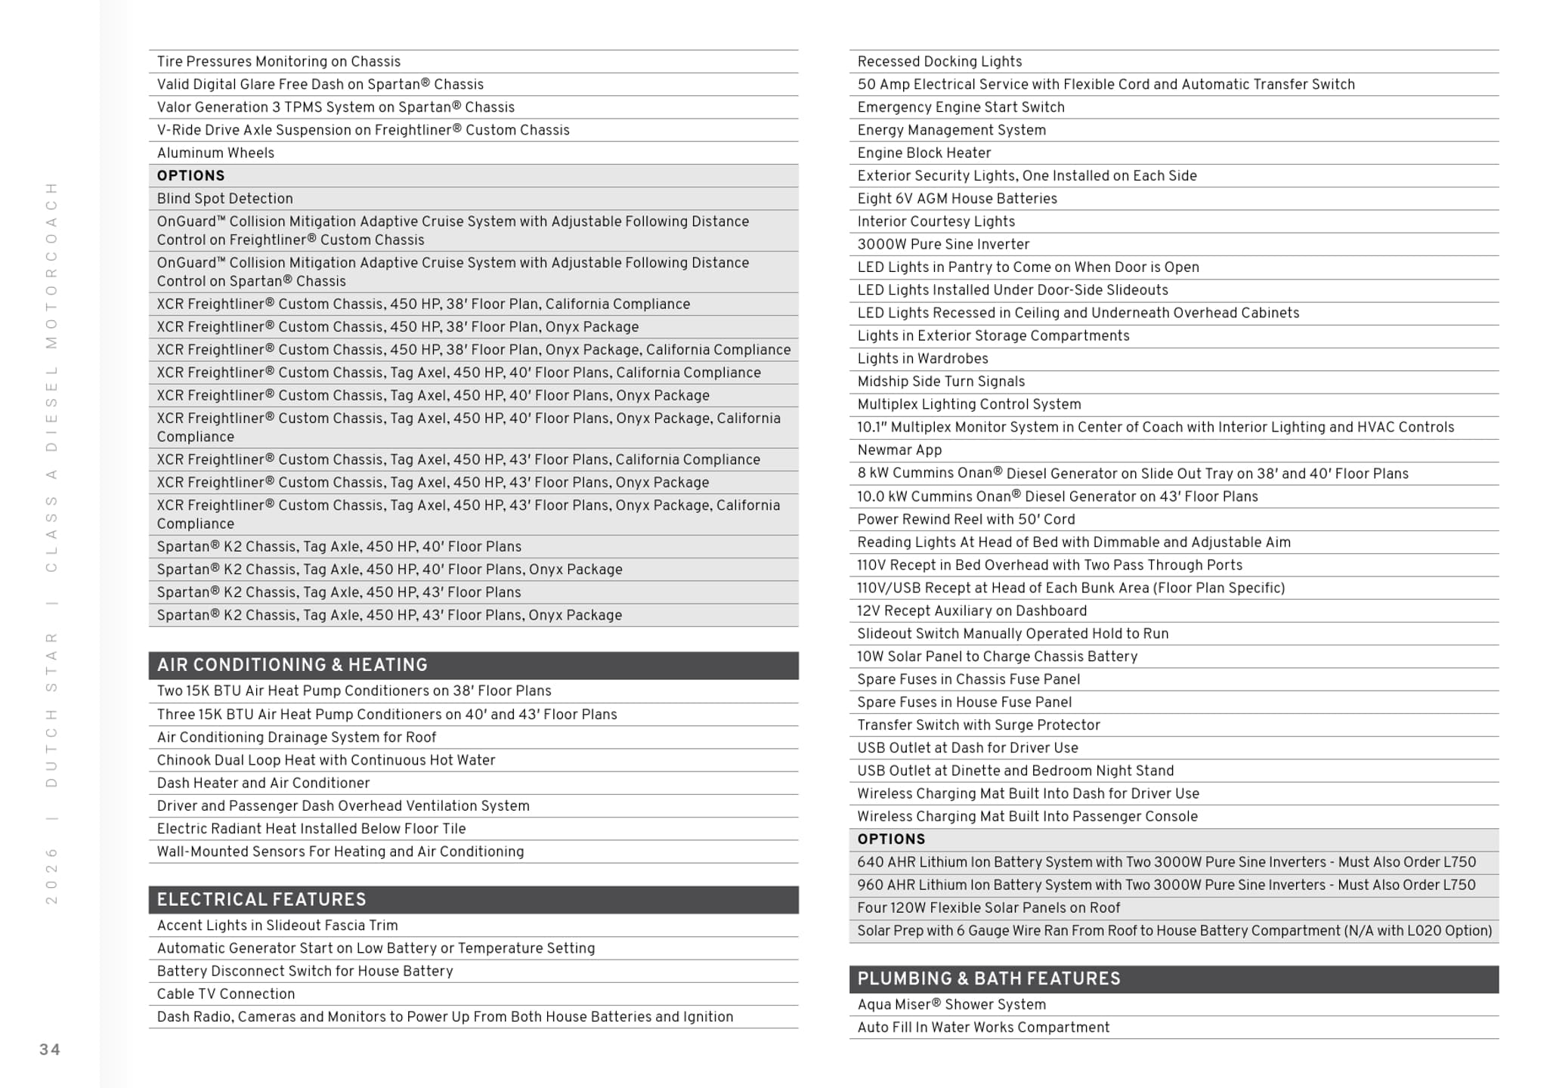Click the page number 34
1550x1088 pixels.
tap(50, 1049)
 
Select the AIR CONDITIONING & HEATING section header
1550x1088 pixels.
tap(292, 665)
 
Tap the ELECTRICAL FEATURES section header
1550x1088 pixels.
tap(261, 899)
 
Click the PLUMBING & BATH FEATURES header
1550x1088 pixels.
tap(988, 978)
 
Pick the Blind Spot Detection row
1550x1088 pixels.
tap(225, 199)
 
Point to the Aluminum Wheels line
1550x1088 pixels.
tap(216, 153)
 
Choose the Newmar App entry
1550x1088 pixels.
tap(899, 450)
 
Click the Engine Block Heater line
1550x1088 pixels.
tap(924, 153)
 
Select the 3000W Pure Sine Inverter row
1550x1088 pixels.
tap(943, 244)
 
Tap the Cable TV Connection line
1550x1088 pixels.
tap(226, 994)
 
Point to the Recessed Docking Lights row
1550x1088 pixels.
tap(939, 61)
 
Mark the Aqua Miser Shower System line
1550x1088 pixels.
tap(951, 1004)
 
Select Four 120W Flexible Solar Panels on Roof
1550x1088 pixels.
tap(988, 907)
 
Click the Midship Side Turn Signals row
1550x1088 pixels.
tap(941, 382)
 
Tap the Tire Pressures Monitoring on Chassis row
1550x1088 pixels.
tap(279, 61)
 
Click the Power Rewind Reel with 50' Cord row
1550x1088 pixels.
tap(966, 519)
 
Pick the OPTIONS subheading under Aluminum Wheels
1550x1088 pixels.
tap(191, 175)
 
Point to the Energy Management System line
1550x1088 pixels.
tap(951, 130)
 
